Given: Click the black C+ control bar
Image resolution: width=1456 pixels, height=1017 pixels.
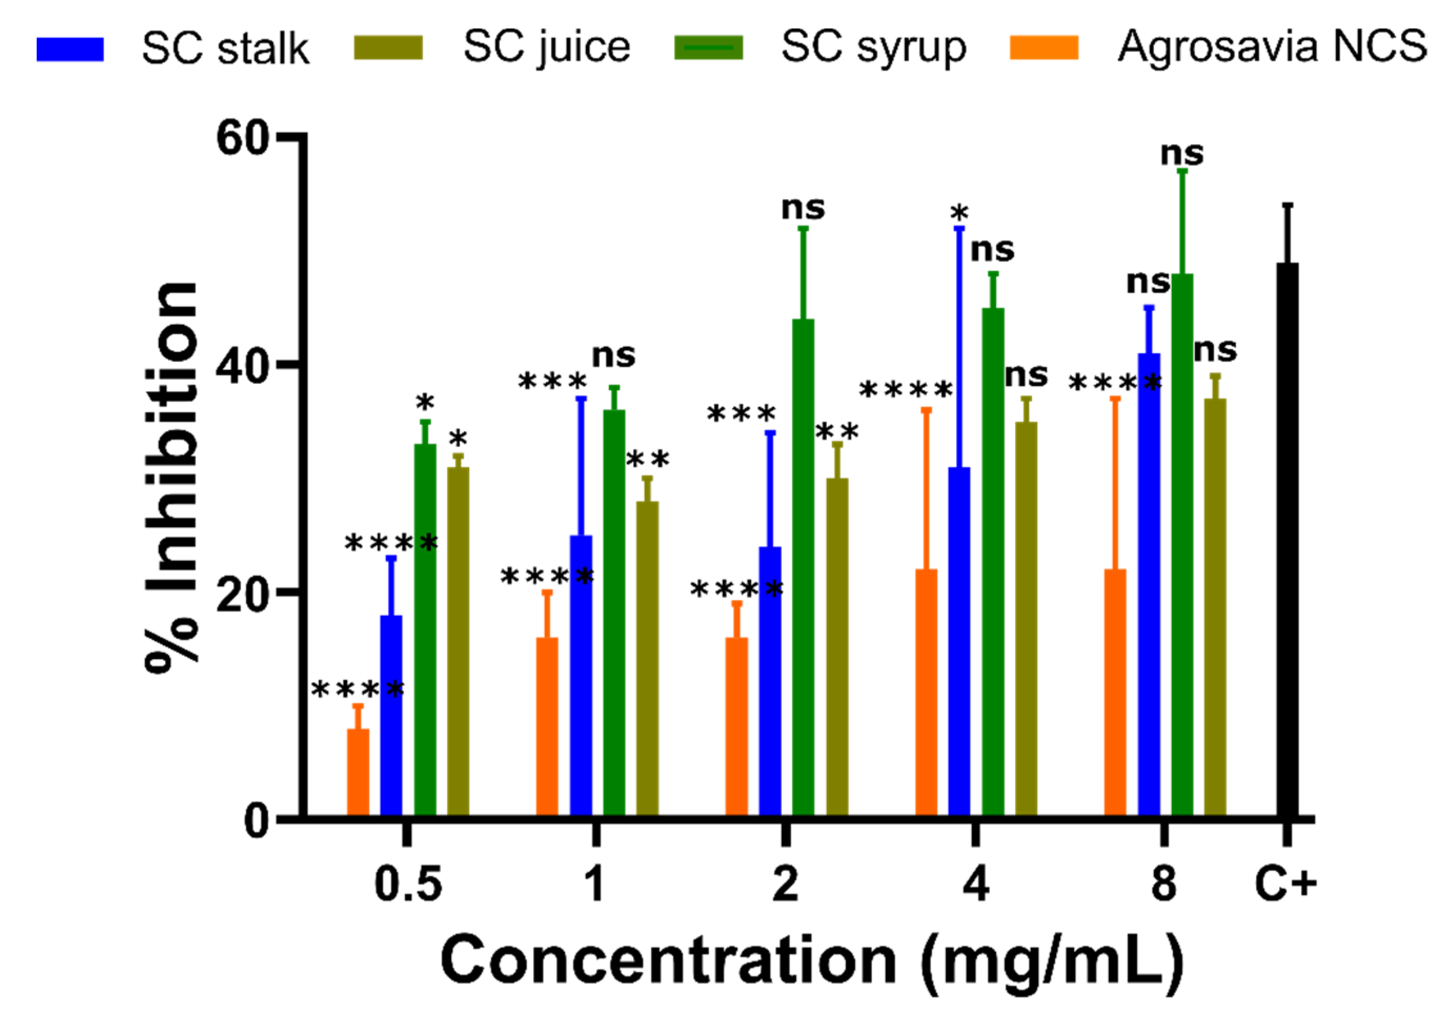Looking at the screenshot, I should (1287, 539).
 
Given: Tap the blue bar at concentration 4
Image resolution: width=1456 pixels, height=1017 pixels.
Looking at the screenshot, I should (959, 641).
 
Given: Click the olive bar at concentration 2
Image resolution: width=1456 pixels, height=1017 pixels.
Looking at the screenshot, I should (837, 646).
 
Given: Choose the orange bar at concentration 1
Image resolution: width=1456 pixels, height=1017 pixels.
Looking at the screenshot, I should (547, 726).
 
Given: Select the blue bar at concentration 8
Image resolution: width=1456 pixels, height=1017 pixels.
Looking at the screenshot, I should (1149, 584).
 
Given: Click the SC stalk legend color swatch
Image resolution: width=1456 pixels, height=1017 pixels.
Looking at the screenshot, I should (70, 49).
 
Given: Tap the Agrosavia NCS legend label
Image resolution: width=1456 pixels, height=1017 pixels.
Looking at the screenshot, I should (1272, 47).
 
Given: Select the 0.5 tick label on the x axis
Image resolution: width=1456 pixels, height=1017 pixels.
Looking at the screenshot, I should (408, 884).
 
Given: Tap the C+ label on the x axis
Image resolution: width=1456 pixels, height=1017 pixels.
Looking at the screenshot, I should (1286, 884).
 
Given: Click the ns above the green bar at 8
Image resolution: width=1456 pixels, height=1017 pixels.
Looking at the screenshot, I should (1182, 154).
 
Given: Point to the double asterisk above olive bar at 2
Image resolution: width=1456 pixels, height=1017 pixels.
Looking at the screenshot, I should (837, 432).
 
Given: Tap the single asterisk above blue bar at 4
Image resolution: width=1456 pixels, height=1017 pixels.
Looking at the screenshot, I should (959, 213).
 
